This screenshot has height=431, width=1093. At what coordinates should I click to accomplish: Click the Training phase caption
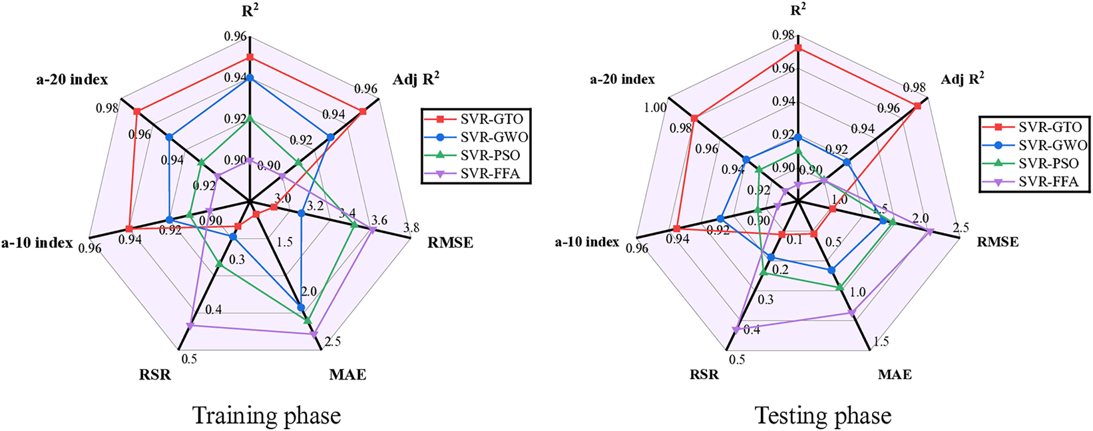[266, 416]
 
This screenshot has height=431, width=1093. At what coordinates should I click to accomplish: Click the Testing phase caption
[823, 416]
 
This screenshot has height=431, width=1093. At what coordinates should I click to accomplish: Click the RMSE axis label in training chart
[451, 242]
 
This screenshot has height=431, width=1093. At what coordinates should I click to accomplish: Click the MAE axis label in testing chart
[894, 374]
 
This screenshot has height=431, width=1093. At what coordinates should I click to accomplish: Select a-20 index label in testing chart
[622, 79]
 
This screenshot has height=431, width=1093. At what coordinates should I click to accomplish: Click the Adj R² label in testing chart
[963, 79]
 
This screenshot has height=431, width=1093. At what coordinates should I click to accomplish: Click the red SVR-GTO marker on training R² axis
[250, 57]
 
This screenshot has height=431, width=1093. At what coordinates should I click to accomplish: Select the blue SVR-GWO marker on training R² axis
[250, 78]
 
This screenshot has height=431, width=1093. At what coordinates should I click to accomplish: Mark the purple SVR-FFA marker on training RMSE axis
[372, 230]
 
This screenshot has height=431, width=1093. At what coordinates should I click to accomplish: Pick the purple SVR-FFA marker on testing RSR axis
[736, 328]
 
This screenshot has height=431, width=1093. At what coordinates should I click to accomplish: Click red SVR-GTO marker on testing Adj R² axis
[917, 106]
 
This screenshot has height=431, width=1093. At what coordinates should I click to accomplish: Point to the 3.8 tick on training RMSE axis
[411, 227]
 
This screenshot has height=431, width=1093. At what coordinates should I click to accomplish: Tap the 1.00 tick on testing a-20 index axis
[655, 108]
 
